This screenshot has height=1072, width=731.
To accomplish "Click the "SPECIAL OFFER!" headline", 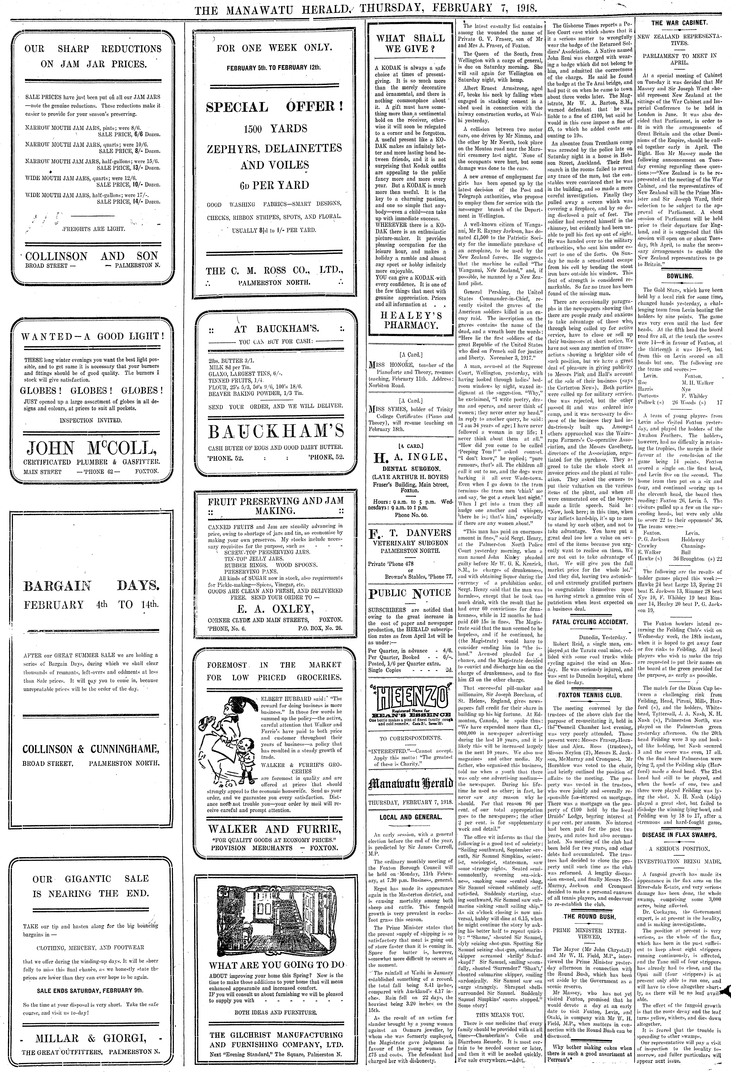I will click(275, 107).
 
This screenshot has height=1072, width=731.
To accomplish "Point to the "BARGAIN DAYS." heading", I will click(92, 586).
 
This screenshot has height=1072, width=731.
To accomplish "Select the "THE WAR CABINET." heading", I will click(679, 23).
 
